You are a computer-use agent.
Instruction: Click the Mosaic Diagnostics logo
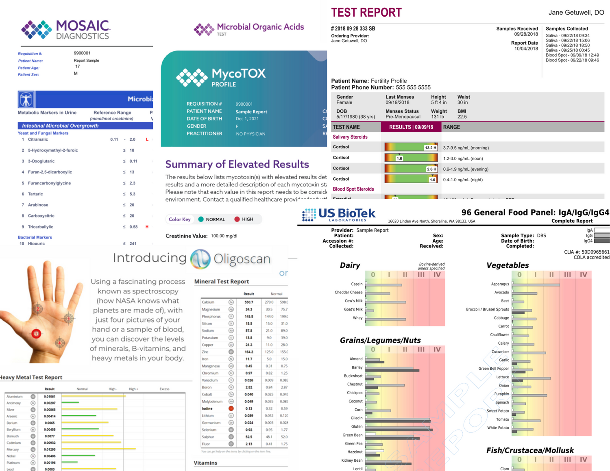coord(65,30)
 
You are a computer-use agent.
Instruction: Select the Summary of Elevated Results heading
coord(237,164)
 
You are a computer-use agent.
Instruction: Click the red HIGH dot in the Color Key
coord(237,219)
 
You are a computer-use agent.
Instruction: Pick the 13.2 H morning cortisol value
coord(430,148)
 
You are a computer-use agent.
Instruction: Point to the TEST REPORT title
coord(366,13)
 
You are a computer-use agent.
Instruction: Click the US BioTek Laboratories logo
coord(338,214)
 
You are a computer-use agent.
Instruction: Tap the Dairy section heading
coord(350,265)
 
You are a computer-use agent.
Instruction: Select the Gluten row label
coord(357,426)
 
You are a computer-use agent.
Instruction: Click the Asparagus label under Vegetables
coord(500,284)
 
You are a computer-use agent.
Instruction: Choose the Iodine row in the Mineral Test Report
coord(207,408)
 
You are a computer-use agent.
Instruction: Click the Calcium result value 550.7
coord(248,302)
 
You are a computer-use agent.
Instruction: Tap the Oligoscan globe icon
coord(200,259)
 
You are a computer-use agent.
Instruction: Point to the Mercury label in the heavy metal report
coord(13,449)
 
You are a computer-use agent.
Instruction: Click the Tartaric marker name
coord(35,194)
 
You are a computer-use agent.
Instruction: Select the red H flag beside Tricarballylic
coord(147,227)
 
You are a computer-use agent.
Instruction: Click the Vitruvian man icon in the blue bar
coord(26,100)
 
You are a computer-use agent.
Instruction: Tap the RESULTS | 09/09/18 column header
coord(411,127)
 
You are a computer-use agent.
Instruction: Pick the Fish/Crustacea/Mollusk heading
coord(530,450)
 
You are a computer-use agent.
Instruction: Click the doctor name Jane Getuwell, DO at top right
coord(576,13)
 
